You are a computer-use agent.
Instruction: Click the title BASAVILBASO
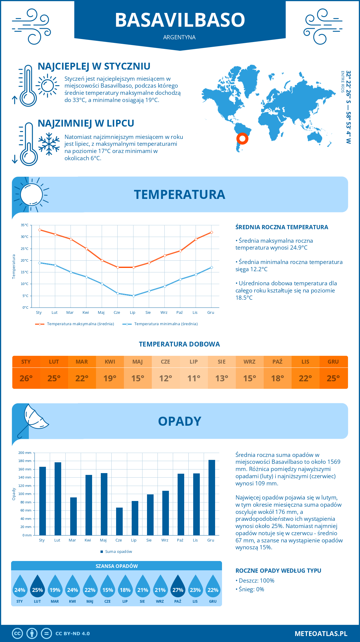click(x=180, y=20)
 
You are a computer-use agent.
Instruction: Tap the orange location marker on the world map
click(x=242, y=139)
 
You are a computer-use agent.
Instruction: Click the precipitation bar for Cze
click(x=119, y=521)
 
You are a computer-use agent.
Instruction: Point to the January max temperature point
click(x=40, y=230)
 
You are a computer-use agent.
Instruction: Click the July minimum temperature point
click(x=133, y=296)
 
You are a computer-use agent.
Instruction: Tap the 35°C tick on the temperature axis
click(x=25, y=225)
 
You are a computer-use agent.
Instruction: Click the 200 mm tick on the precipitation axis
click(x=25, y=453)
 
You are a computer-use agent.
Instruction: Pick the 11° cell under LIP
click(x=193, y=378)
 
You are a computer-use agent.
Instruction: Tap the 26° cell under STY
click(x=26, y=378)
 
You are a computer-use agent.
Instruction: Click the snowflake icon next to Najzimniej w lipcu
click(x=49, y=144)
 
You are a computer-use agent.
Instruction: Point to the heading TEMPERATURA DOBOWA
click(x=179, y=344)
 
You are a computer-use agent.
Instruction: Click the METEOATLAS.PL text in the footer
click(x=321, y=633)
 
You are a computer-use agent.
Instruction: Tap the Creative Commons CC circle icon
click(x=17, y=633)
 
